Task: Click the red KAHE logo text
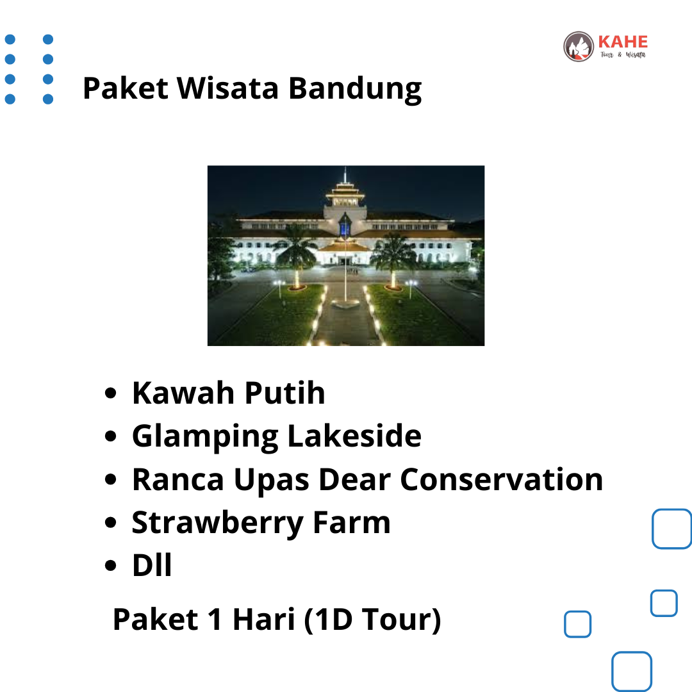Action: point(623,42)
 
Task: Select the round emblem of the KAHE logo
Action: point(579,46)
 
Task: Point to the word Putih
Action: point(284,392)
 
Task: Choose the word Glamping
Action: point(205,437)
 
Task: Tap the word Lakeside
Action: point(354,436)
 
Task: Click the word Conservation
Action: point(501,479)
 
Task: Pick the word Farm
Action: point(352,522)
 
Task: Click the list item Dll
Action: point(152,565)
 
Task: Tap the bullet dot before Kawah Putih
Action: point(110,393)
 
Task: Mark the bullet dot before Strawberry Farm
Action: point(110,523)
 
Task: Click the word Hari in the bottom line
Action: point(263,619)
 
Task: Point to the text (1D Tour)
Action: point(372,620)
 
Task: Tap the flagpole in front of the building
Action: point(345,274)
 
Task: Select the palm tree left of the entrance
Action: point(296,256)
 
